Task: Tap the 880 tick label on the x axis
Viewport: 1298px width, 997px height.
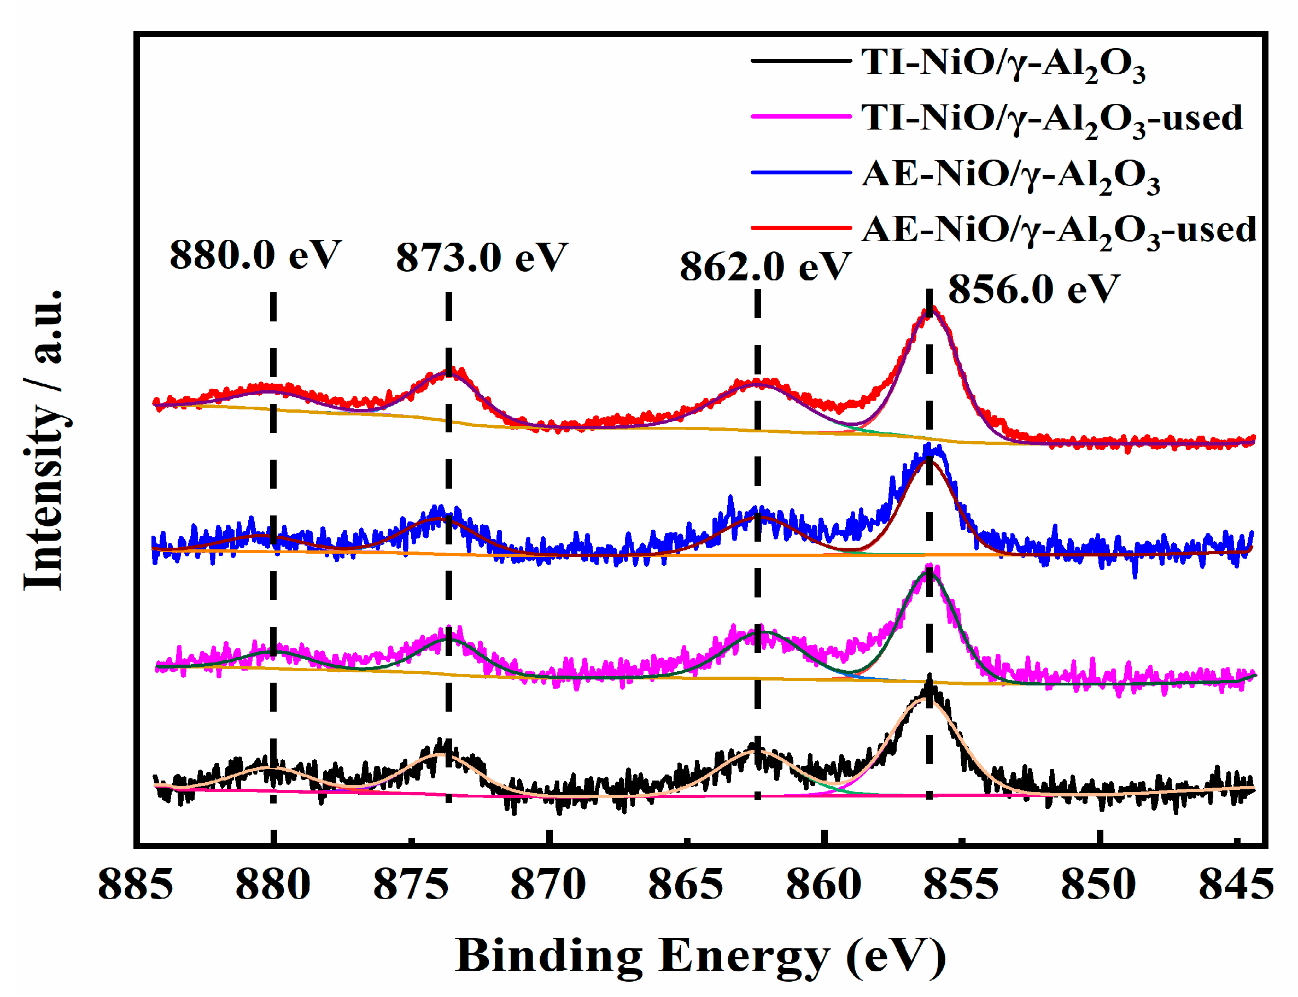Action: [273, 885]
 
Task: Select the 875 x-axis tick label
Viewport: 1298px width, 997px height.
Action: [411, 885]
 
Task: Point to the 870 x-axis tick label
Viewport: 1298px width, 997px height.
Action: [548, 885]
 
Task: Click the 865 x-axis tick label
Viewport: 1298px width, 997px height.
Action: [686, 885]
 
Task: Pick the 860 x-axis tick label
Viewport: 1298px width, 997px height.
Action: [824, 885]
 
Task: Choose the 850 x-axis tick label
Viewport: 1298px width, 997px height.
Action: [1099, 885]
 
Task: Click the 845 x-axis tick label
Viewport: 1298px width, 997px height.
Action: [1237, 885]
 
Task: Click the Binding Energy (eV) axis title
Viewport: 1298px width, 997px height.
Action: [700, 957]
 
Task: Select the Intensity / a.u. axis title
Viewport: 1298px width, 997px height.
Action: [44, 439]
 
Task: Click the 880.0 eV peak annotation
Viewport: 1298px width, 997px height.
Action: [255, 255]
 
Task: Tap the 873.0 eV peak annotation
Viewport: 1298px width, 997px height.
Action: [481, 257]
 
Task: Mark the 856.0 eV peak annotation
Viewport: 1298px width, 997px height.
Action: [1033, 290]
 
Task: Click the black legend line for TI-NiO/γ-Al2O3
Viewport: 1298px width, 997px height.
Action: [800, 61]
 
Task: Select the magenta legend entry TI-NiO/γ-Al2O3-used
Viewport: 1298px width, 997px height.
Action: [1050, 118]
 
